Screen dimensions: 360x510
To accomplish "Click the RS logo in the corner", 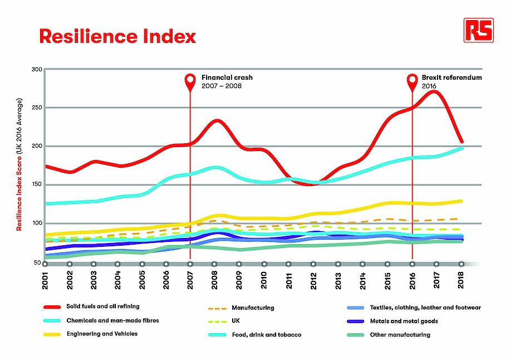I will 478,30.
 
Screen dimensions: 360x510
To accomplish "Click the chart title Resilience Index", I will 117,36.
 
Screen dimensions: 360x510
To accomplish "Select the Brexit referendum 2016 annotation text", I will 451,81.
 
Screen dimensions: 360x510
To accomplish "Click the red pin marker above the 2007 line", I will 190,81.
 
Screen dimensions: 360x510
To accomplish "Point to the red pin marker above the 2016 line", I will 413,81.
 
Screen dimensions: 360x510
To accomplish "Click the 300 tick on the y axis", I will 37,70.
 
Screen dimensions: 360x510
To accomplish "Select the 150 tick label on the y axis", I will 37,185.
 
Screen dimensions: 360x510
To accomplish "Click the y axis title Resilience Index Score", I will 19,164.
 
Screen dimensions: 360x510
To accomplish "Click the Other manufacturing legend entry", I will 400,334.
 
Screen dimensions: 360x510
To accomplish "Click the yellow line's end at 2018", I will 461,201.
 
